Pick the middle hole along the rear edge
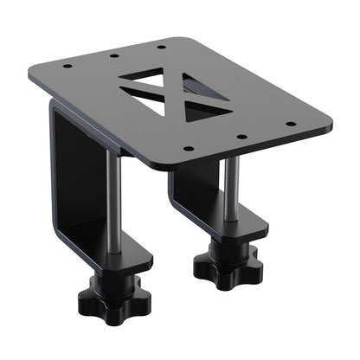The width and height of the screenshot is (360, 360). (115, 56)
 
